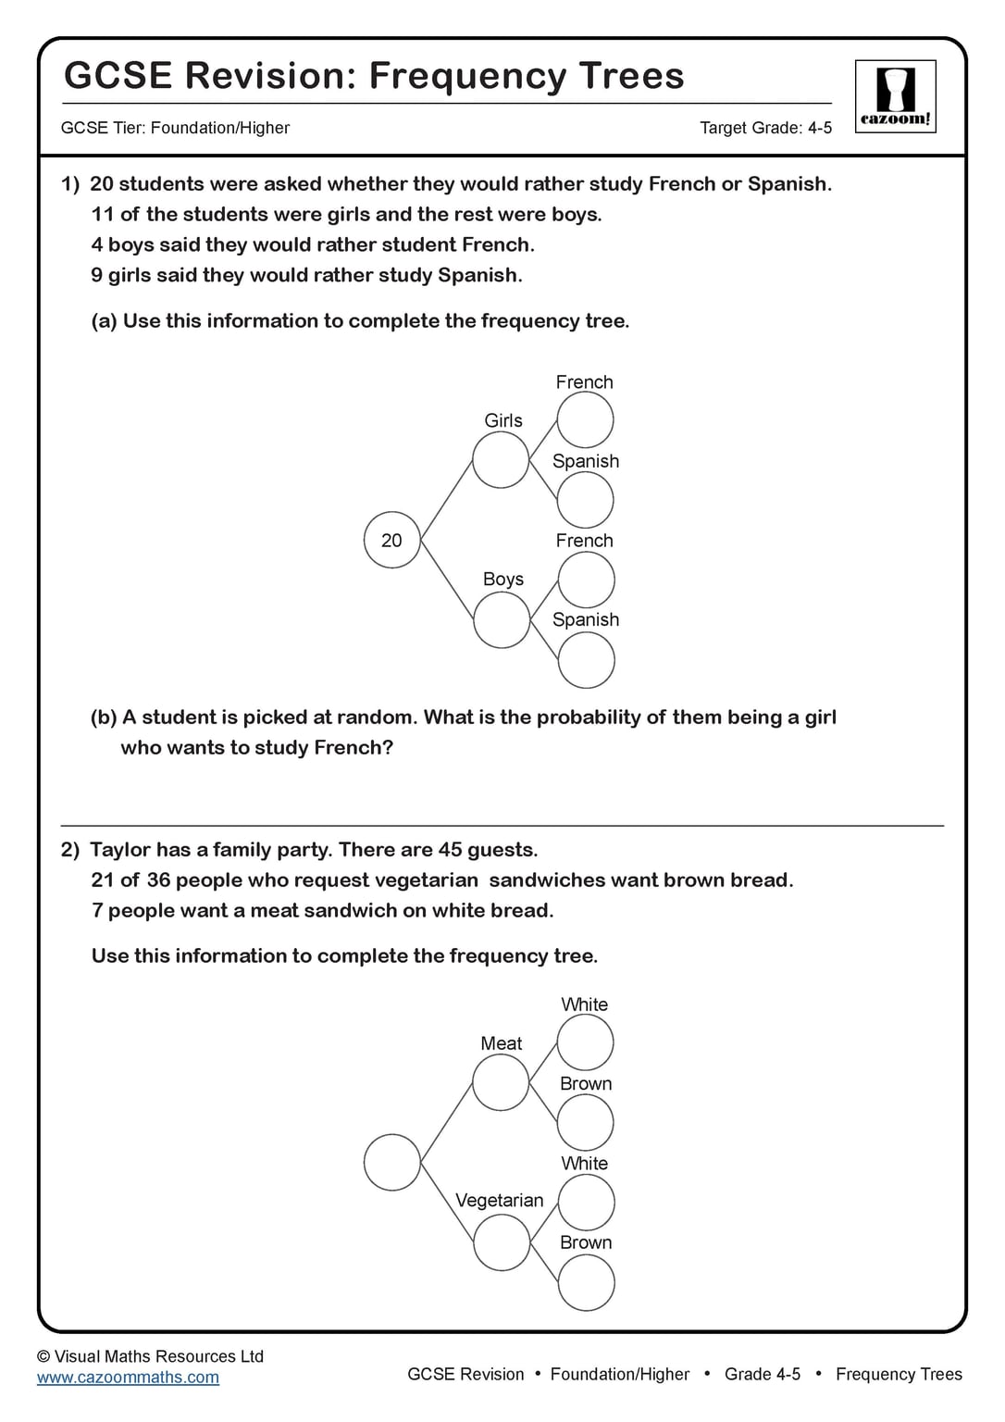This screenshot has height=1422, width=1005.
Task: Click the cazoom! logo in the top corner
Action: point(895,96)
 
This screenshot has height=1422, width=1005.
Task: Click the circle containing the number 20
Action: point(392,540)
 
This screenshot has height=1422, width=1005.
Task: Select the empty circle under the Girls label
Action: point(501,460)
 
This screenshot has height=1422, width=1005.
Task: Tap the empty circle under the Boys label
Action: point(502,619)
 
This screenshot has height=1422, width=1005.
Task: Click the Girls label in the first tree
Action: point(503,420)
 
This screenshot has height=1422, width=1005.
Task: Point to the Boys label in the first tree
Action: point(503,579)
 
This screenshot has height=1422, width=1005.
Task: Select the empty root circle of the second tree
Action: point(392,1162)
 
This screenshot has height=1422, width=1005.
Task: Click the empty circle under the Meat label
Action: point(501,1082)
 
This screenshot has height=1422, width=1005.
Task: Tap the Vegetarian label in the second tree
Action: point(500,1200)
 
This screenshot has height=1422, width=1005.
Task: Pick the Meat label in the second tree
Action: point(502,1043)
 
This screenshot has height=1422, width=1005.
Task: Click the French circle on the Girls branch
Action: point(585,420)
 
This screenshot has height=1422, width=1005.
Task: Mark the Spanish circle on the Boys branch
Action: point(586,660)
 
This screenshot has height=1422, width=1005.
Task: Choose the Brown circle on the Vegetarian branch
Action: point(586,1283)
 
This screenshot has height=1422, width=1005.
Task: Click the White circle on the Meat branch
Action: point(585,1042)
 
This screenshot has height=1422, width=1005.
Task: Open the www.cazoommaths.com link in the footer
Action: point(128,1377)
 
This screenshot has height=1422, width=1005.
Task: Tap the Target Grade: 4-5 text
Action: point(765,128)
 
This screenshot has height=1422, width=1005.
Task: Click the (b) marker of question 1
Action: point(104,717)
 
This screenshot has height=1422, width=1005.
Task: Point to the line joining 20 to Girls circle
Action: point(446,501)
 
